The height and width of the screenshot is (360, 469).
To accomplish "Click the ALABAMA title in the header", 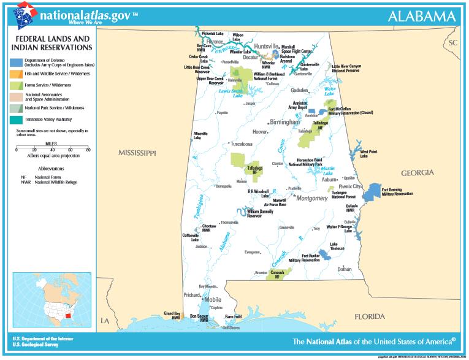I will pyautogui.click(x=422, y=17).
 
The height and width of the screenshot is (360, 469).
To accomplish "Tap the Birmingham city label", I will pyautogui.click(x=285, y=122).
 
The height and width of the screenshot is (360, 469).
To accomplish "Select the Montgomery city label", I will pyautogui.click(x=311, y=198).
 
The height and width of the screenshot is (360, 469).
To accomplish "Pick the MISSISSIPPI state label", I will pyautogui.click(x=138, y=152).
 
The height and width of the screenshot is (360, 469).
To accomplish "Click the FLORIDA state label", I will pyautogui.click(x=370, y=316).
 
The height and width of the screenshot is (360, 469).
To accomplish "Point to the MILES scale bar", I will pyautogui.click(x=51, y=148).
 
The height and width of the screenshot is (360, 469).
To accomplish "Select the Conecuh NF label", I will pyautogui.click(x=276, y=275).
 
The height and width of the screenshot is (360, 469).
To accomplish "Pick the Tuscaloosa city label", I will pyautogui.click(x=242, y=144).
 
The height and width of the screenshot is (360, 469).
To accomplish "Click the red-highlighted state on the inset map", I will pyautogui.click(x=68, y=317).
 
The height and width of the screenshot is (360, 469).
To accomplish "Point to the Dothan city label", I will pyautogui.click(x=344, y=269).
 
